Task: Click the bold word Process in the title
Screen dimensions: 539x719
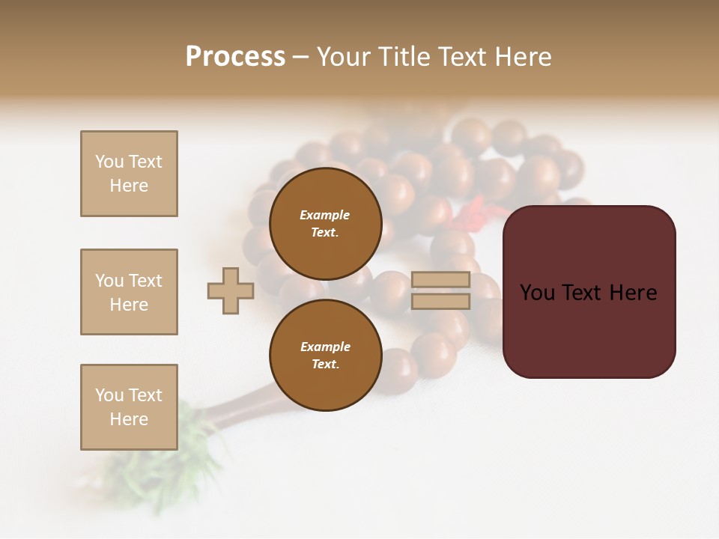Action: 235,57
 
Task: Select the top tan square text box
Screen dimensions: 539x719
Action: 129,174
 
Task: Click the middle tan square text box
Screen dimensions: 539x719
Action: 129,292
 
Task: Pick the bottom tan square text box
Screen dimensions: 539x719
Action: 129,407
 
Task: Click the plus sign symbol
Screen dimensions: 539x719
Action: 231,290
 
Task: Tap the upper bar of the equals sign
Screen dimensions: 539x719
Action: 440,279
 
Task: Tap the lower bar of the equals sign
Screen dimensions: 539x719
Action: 440,301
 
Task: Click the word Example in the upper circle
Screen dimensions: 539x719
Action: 325,215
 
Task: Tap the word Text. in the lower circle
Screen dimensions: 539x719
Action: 325,365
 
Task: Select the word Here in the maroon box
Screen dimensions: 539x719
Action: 633,293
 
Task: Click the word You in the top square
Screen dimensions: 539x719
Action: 109,162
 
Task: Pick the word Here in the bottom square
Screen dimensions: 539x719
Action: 129,419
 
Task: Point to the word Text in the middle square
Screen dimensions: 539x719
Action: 145,281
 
